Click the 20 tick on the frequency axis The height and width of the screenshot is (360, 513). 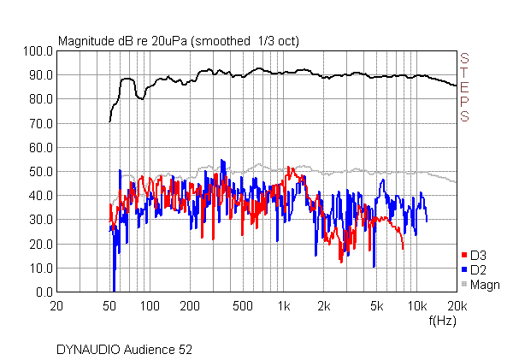click(56, 305)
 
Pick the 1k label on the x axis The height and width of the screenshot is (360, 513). click(283, 305)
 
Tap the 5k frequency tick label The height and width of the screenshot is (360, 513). click(376, 305)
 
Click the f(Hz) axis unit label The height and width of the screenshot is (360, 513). click(442, 321)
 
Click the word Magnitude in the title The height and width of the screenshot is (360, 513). click(85, 40)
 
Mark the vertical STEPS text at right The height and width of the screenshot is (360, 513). click(465, 87)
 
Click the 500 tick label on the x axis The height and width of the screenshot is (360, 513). click(243, 305)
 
